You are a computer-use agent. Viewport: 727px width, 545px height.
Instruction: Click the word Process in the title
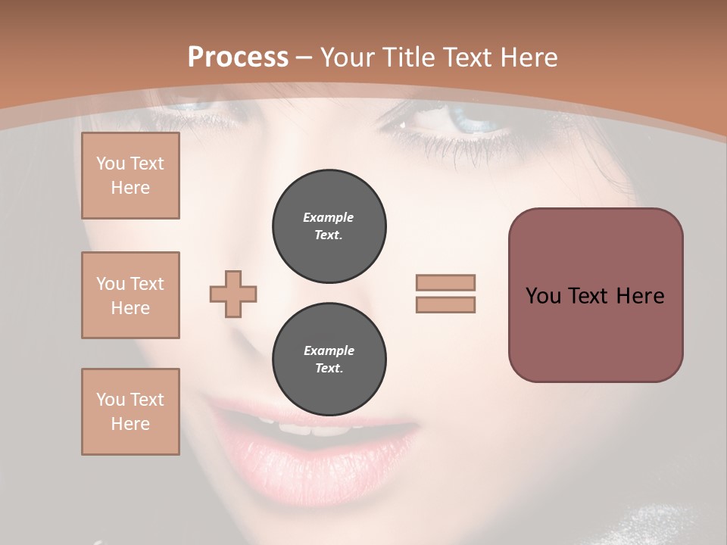pos(238,58)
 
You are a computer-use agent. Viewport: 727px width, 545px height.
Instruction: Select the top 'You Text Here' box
pos(130,176)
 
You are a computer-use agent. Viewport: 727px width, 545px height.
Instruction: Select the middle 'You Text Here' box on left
pos(130,295)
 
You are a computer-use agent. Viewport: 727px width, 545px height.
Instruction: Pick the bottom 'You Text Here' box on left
pos(130,412)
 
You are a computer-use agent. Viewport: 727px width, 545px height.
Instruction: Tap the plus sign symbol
pos(233,294)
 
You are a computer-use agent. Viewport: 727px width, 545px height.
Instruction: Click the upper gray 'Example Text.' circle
pos(329,226)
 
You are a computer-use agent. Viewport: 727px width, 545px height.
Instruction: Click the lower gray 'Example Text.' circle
pos(329,359)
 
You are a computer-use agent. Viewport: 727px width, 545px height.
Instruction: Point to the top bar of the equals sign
pos(445,283)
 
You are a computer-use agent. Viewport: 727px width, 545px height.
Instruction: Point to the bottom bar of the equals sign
pos(445,304)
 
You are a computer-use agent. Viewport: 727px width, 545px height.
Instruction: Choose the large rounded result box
pos(595,295)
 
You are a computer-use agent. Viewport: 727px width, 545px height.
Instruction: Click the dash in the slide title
pos(304,58)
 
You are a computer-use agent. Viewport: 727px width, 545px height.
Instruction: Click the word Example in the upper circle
pos(329,217)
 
